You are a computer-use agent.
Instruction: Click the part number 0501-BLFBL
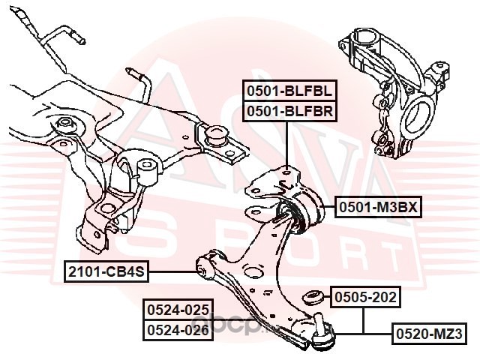[x=289, y=91]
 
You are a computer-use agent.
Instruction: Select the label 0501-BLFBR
[x=289, y=112]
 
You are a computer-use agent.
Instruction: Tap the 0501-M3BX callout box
[x=378, y=208]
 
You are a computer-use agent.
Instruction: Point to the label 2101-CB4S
[x=106, y=271]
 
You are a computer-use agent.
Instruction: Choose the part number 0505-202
[x=365, y=297]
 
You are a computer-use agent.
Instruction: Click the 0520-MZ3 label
[x=429, y=333]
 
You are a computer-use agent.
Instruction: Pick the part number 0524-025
[x=178, y=310]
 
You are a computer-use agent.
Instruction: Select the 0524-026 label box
[x=178, y=330]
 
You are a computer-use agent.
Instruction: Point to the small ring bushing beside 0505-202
[x=312, y=297]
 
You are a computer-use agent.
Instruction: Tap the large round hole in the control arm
[x=253, y=272]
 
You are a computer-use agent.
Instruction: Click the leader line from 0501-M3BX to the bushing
[x=329, y=208]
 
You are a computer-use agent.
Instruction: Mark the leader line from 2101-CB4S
[x=172, y=271]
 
